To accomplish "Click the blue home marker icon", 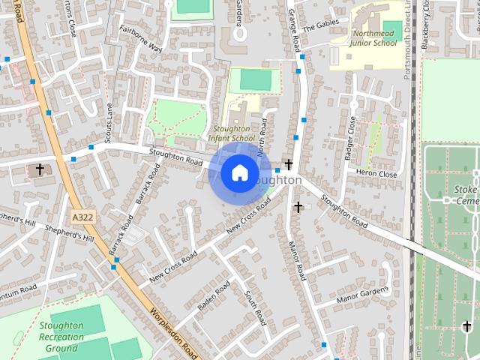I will [x=239, y=173].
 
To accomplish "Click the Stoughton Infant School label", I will [x=232, y=133].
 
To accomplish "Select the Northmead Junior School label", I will [x=373, y=38].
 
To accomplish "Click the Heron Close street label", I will [x=377, y=173].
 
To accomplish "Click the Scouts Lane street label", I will [x=109, y=122].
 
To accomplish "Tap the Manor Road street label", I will [x=297, y=261].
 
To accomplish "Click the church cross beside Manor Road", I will [x=298, y=206].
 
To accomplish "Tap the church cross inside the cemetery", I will [x=467, y=326].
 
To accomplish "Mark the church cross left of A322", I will [x=40, y=169].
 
